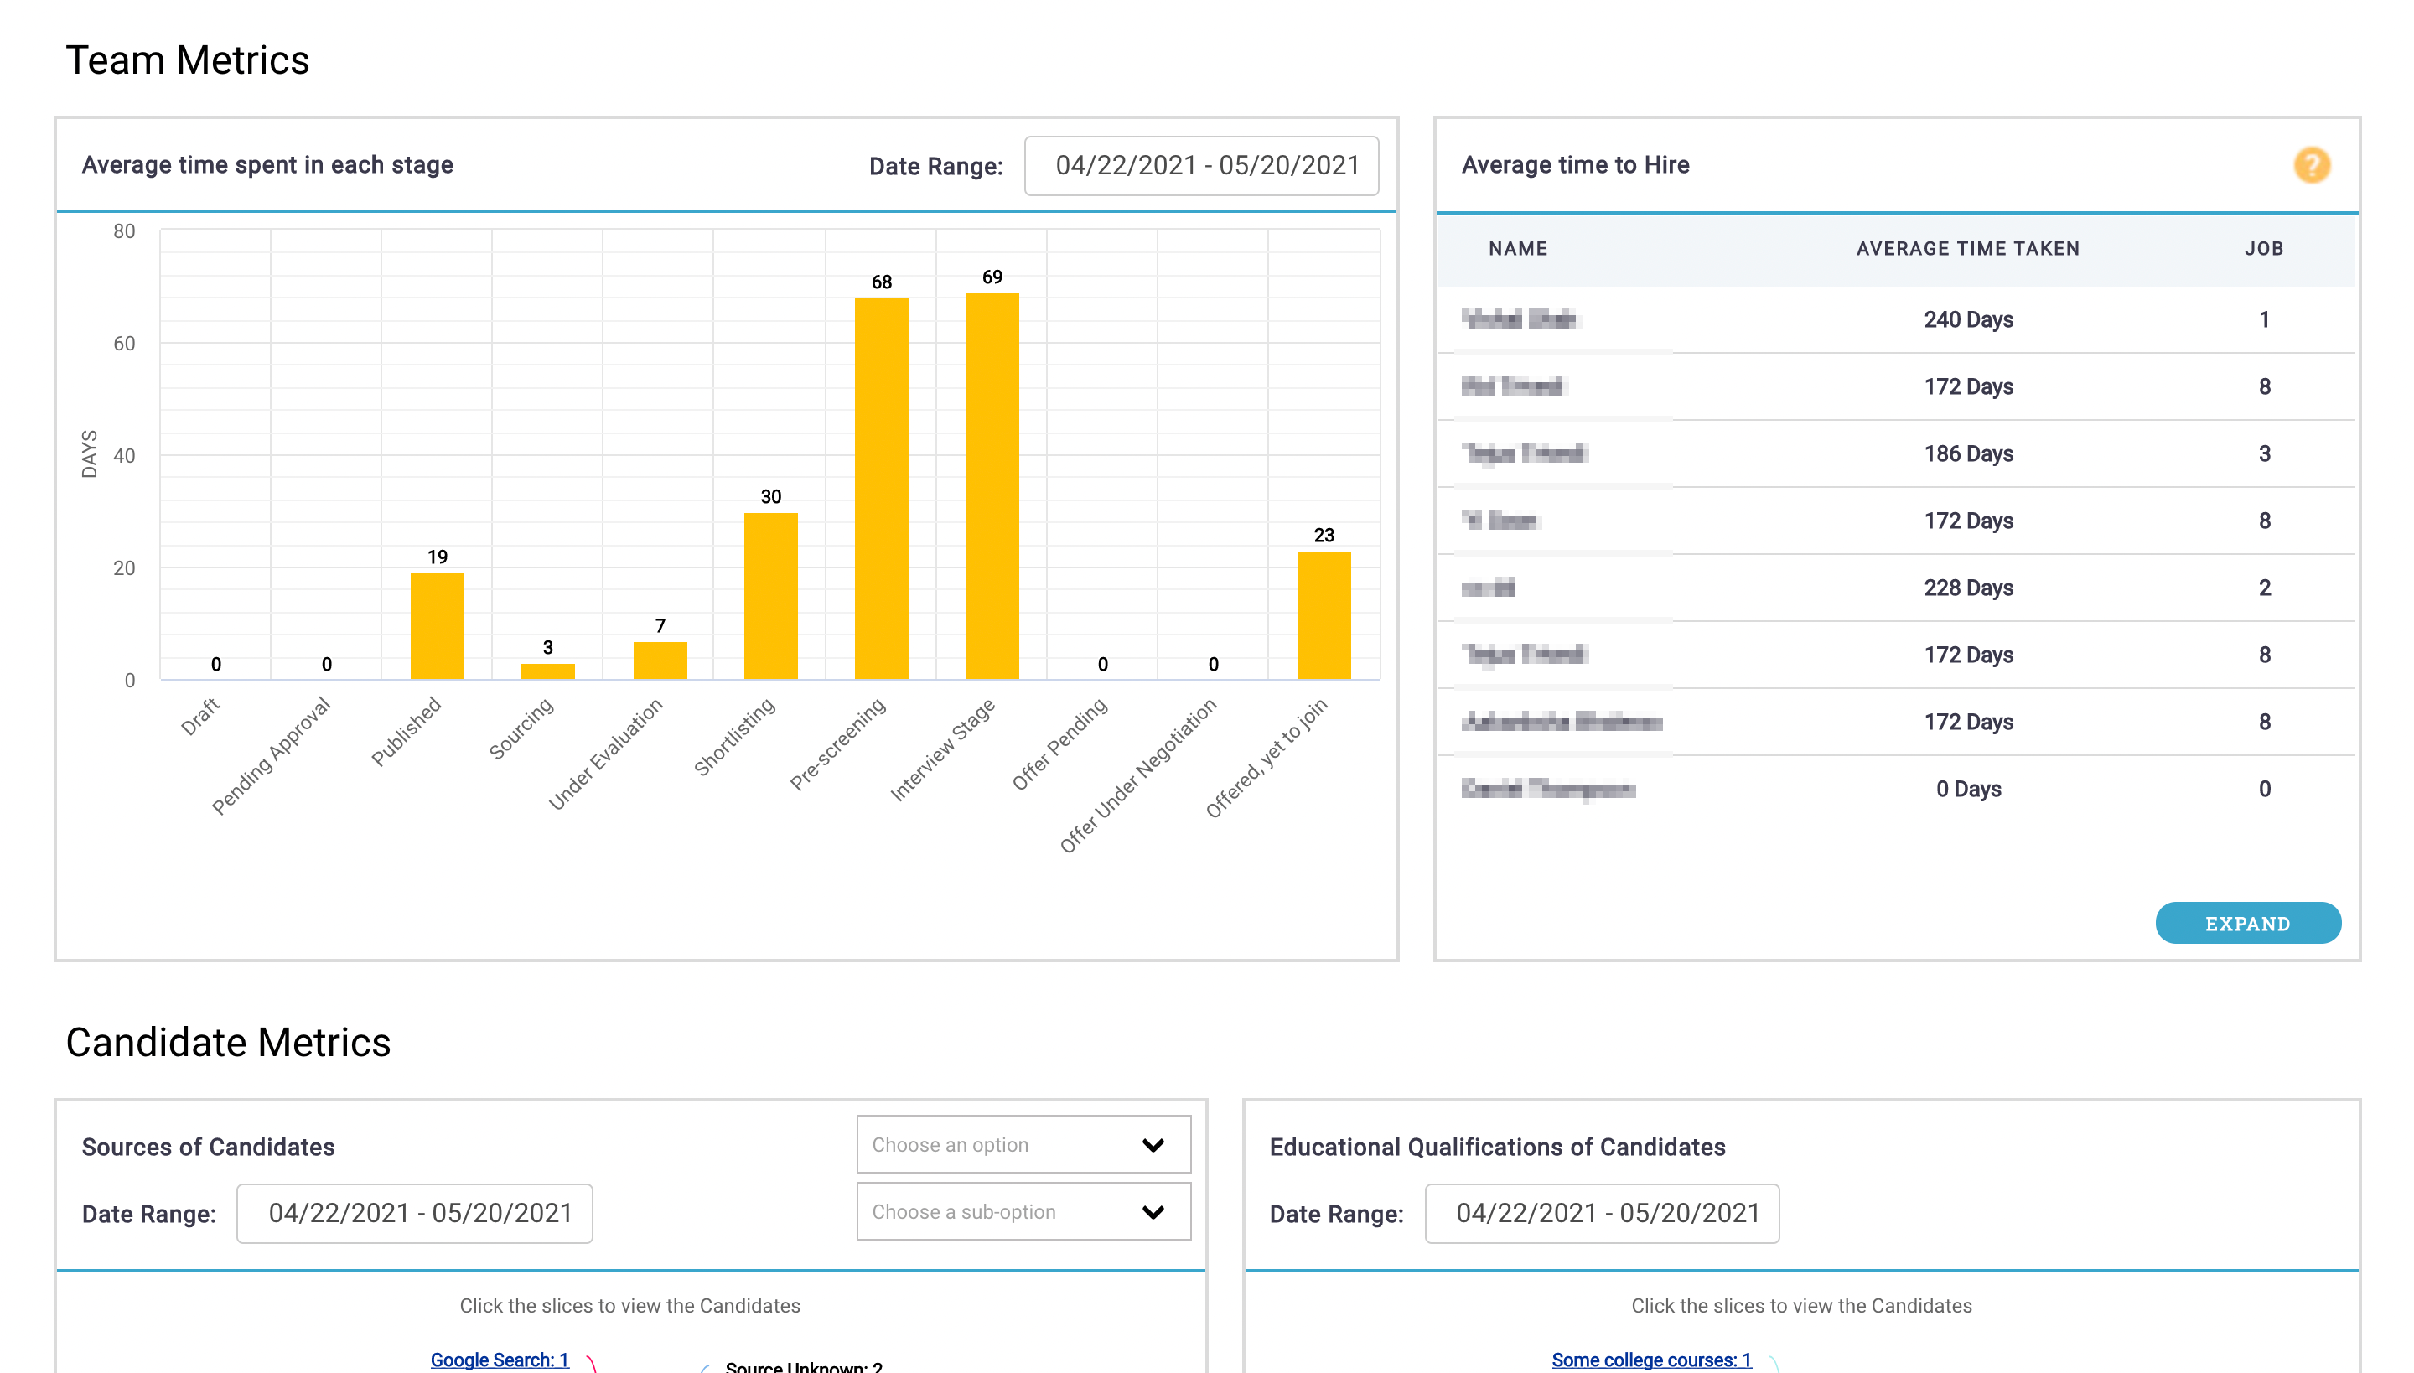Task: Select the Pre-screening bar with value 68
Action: tap(881, 489)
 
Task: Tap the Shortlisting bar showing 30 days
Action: tap(770, 595)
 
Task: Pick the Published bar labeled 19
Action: tap(437, 625)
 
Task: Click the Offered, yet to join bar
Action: tap(1323, 615)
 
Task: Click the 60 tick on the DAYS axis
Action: tap(124, 344)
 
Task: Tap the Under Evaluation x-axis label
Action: tap(606, 754)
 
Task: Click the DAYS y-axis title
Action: tap(90, 453)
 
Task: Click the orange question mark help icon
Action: tap(2311, 165)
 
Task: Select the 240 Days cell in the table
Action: tap(1968, 319)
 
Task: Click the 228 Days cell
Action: tap(1968, 588)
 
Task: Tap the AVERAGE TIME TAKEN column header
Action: tap(1967, 249)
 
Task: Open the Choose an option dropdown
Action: tap(1023, 1144)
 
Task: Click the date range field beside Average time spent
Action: tap(1200, 166)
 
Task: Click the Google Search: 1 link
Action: tap(499, 1359)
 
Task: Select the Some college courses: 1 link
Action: tap(1650, 1359)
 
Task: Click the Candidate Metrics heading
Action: tap(228, 1042)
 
